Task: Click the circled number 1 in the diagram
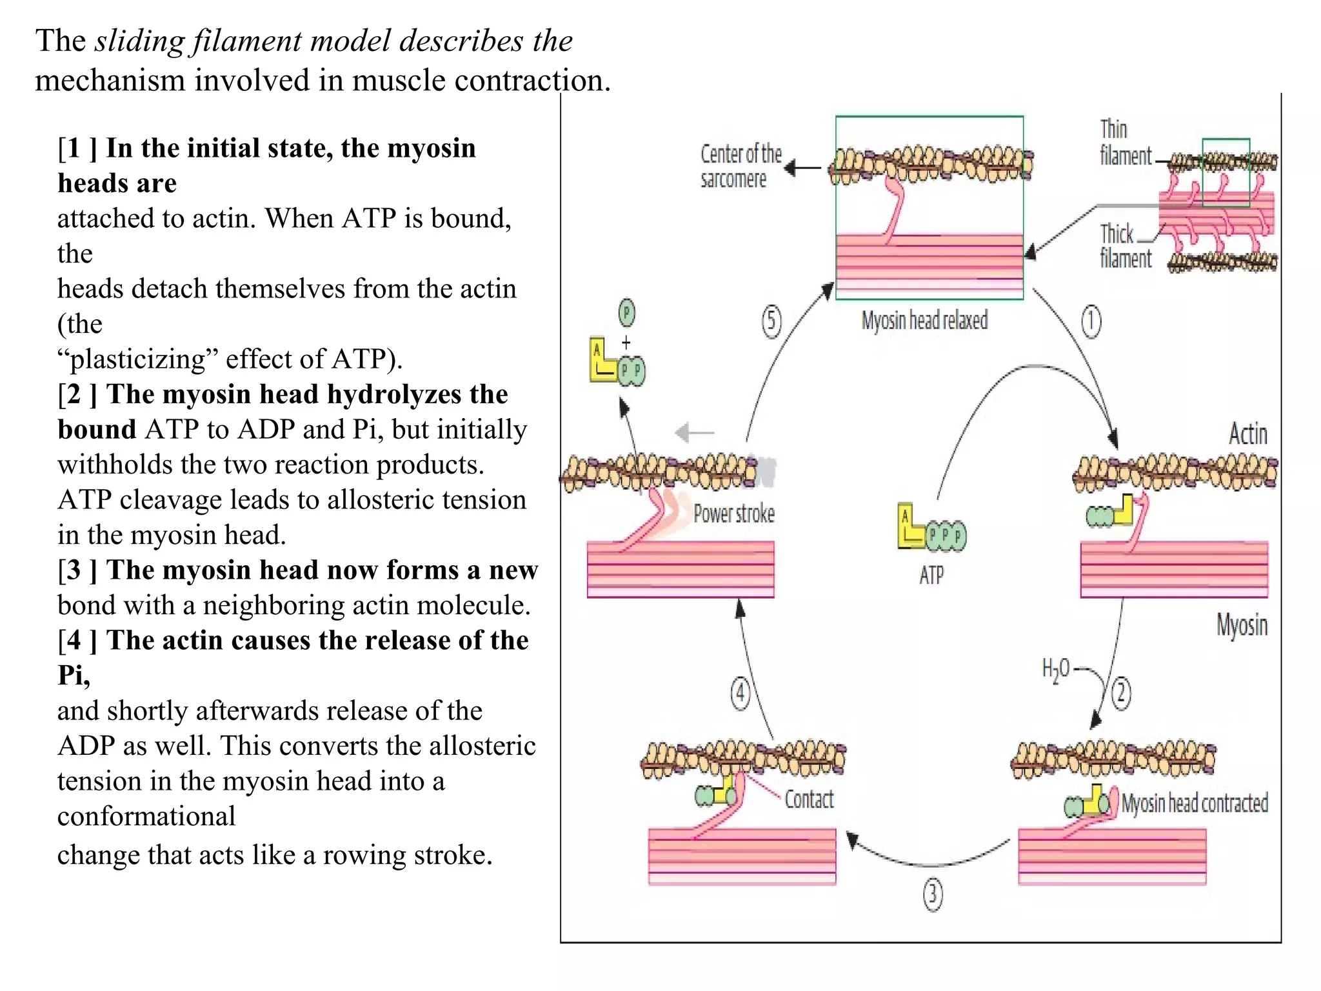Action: coord(1091,321)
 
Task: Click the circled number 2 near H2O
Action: coord(1121,694)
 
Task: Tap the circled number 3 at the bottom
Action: coord(933,895)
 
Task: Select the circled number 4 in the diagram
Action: coord(740,694)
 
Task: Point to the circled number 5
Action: coord(771,321)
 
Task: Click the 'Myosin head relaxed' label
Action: coord(924,321)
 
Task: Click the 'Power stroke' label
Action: coord(734,514)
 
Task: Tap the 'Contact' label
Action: coord(809,799)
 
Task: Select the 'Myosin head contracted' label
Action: coord(1195,803)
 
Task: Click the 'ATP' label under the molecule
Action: coord(931,575)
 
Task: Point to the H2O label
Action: coord(1055,670)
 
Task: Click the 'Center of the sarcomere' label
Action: coord(740,166)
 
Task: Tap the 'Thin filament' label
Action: coord(1125,143)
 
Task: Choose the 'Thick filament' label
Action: coord(1125,246)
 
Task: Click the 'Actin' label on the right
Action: coord(1247,434)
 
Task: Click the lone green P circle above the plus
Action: coord(626,313)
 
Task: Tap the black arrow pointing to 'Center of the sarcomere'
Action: coord(802,168)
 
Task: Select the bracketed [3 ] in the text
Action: coord(77,570)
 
